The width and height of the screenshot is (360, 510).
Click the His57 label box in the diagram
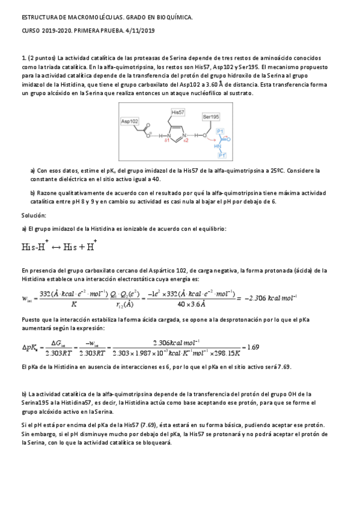178,112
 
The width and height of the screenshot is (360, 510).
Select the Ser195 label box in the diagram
211,116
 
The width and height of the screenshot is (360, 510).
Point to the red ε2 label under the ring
186,140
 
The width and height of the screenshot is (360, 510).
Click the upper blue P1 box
220,131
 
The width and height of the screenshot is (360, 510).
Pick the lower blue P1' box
222,155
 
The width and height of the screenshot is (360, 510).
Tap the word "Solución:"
34,215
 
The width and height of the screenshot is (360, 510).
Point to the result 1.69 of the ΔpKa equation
253,347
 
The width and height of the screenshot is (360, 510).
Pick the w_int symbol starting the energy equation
26,298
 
